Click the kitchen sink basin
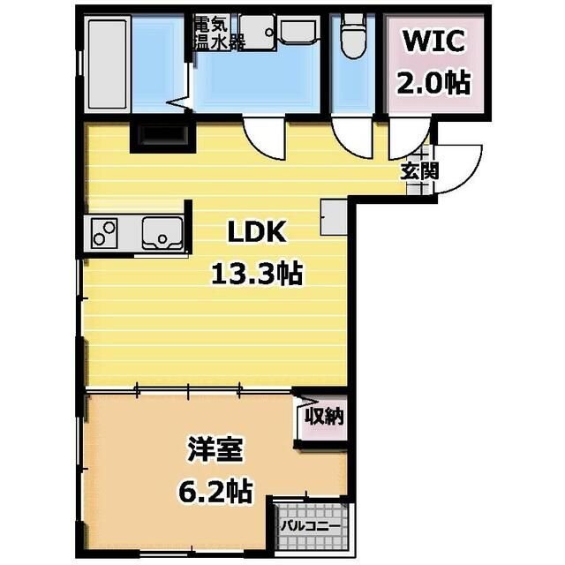click(162, 234)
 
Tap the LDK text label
click(255, 233)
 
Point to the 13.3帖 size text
click(256, 275)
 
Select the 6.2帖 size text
click(213, 489)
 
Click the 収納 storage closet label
click(323, 416)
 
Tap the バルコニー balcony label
click(311, 526)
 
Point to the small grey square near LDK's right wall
click(335, 217)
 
